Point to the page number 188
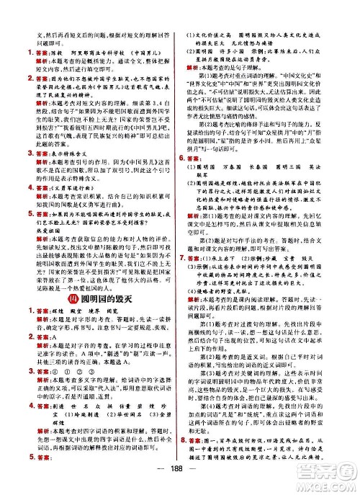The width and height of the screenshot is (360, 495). tap(179, 482)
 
